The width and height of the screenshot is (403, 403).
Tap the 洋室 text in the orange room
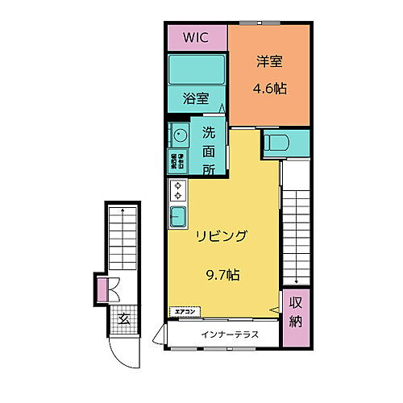point(269,61)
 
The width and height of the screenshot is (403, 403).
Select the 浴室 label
point(196,99)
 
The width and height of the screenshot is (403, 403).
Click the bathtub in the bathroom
point(196,71)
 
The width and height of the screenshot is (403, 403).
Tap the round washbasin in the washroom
point(179,135)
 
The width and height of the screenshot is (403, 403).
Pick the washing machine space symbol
point(177,159)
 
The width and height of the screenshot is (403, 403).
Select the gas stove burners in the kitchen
point(177,191)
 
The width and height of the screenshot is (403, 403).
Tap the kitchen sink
point(178,216)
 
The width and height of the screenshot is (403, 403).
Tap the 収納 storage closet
point(296,318)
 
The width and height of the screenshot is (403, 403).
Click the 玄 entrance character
point(125,320)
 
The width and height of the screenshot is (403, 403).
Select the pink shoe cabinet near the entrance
point(102,288)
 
